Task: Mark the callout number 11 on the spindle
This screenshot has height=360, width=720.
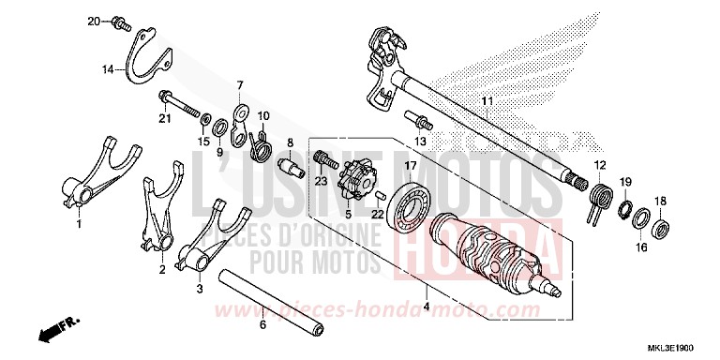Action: coord(487,100)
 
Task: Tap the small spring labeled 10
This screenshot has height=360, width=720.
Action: coord(262,142)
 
